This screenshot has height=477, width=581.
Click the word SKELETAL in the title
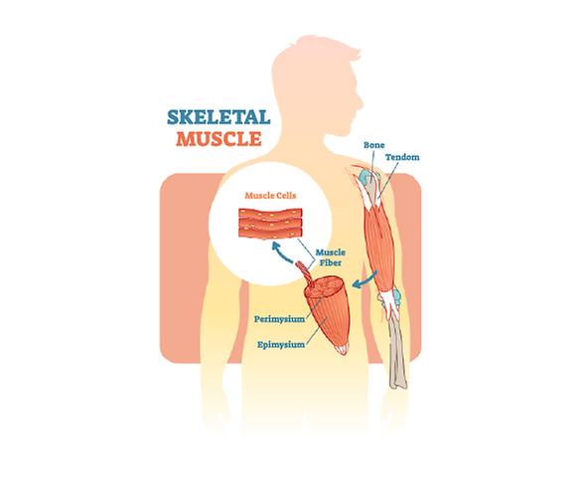218,117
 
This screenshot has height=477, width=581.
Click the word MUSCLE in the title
218,138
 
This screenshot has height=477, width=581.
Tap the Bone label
373,145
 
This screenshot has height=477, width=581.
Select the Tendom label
402,157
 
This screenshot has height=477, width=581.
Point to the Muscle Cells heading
270,196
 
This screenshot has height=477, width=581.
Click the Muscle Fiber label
330,257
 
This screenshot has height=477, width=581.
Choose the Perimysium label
279,319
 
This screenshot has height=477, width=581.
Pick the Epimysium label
281,345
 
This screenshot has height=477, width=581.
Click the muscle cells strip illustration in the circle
270,224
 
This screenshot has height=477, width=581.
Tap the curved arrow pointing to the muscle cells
281,253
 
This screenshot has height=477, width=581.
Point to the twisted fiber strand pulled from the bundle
305,272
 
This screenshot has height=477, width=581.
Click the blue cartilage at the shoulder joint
366,177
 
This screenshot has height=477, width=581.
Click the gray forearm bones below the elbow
397,352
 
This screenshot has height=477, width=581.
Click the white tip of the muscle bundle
343,349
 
